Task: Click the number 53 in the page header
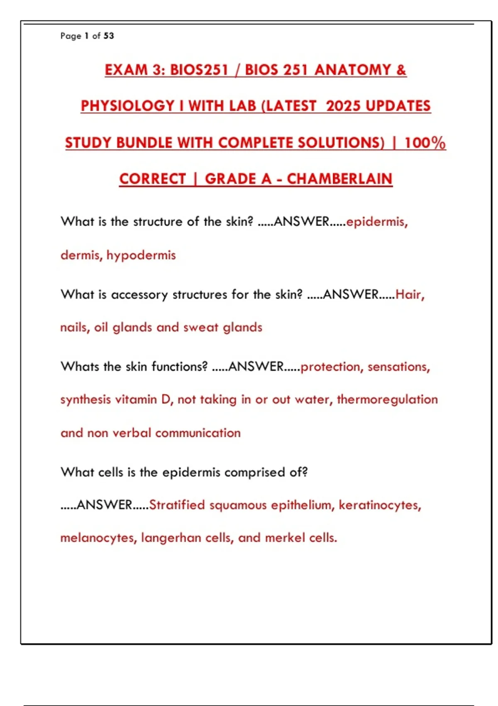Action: coord(109,36)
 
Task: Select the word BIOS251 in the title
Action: coord(199,70)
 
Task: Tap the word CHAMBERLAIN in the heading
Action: coord(339,179)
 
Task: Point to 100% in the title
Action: coord(425,143)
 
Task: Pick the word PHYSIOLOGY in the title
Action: coord(127,106)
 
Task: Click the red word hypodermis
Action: coord(141,255)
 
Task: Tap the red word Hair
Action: coord(408,294)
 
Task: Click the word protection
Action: coord(330,367)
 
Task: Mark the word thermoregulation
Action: coord(387,400)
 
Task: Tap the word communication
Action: coord(198,433)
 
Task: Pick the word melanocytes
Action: coord(98,538)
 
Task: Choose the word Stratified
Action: coord(177,505)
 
